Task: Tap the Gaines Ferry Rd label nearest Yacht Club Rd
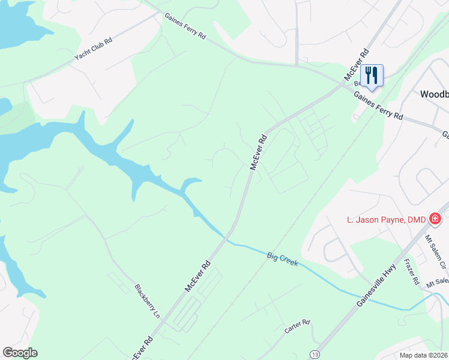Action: (x=185, y=28)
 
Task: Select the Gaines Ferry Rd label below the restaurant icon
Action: (x=378, y=106)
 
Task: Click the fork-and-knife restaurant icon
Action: (x=372, y=76)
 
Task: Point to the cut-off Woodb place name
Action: (x=434, y=94)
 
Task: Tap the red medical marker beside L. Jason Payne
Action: (x=435, y=220)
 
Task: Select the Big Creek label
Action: (x=282, y=259)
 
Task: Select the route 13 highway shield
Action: (x=315, y=355)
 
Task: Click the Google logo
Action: (x=20, y=353)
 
